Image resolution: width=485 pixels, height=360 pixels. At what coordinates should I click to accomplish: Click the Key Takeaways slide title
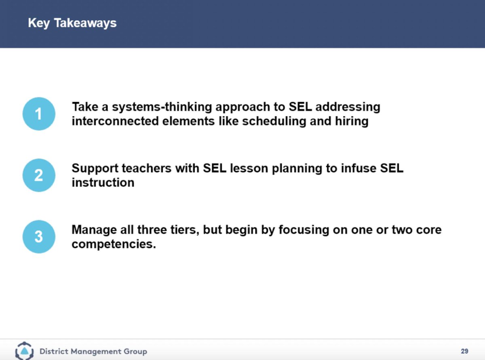tap(72, 23)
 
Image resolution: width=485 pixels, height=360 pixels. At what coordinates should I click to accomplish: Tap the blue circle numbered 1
tap(38, 114)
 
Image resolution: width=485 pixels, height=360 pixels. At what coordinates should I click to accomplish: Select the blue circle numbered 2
tap(38, 175)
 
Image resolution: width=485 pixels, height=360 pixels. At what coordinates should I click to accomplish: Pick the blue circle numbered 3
tap(38, 237)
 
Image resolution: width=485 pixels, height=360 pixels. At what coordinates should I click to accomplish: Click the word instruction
tap(103, 182)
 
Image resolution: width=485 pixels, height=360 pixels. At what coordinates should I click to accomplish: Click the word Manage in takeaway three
tap(93, 230)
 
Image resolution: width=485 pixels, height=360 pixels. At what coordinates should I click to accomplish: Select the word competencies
tap(114, 244)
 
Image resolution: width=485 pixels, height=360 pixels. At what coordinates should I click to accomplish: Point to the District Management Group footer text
tap(93, 351)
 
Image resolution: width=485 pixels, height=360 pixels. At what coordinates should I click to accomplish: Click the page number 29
tap(464, 351)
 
